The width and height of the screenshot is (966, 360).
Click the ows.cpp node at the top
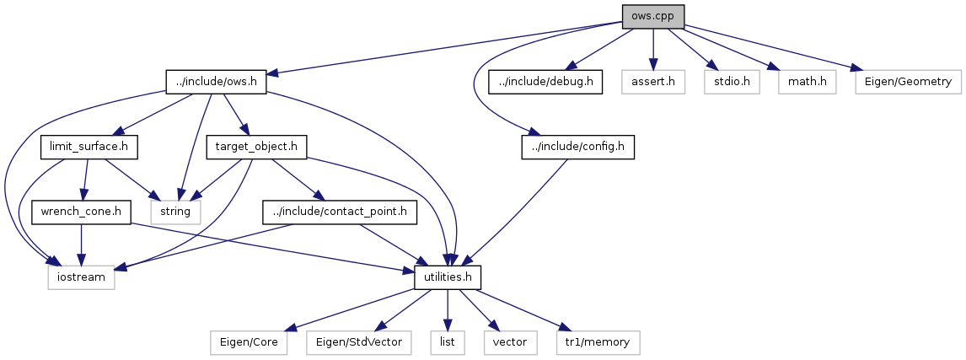[652, 17]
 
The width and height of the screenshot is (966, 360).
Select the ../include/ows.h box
[217, 83]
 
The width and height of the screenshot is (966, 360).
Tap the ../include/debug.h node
[545, 83]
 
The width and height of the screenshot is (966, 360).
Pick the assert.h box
[653, 83]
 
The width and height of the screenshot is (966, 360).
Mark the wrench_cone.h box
[81, 211]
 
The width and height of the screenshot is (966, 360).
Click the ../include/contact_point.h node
[340, 211]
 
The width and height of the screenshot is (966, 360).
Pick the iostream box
[81, 277]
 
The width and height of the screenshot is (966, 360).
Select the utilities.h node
[448, 277]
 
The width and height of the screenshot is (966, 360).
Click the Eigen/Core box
[249, 342]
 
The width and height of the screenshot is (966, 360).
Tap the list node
[447, 342]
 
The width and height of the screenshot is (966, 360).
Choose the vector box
[510, 342]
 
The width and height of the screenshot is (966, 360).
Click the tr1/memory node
[598, 342]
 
